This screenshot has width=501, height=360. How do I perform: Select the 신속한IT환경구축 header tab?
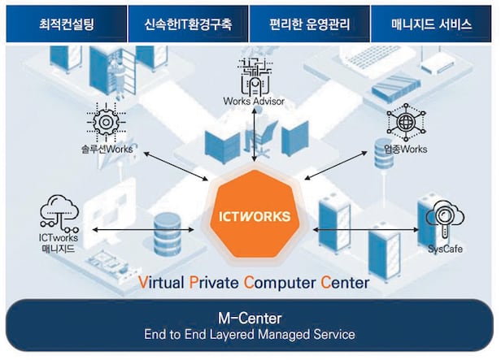click(188, 24)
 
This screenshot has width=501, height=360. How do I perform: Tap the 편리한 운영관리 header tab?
click(310, 24)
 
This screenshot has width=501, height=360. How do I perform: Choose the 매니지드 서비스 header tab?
click(432, 24)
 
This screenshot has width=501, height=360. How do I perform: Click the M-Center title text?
click(250, 316)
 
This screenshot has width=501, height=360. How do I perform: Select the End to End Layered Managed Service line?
click(250, 333)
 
